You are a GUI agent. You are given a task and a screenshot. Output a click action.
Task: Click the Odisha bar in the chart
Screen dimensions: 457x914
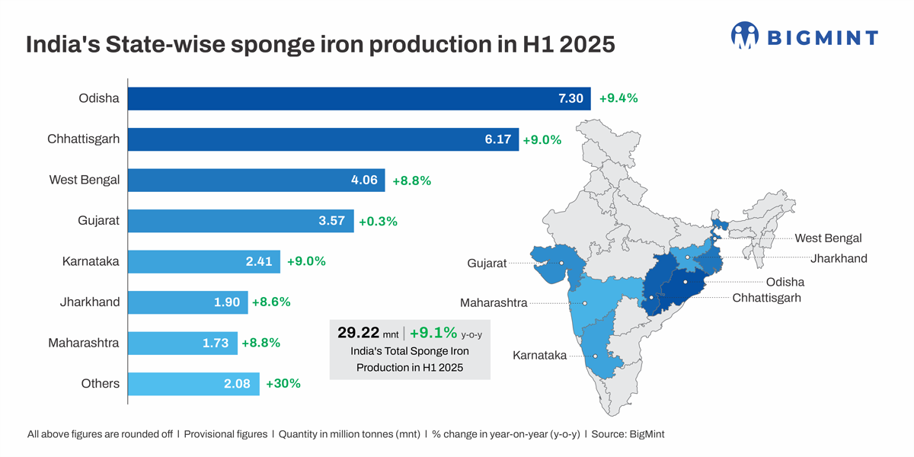click(x=358, y=98)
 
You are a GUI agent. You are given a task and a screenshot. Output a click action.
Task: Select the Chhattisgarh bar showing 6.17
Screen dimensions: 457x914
click(x=323, y=139)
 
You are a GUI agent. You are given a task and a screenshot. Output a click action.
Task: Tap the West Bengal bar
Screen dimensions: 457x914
click(x=256, y=181)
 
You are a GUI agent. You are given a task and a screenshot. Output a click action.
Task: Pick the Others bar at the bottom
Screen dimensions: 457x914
click(x=193, y=384)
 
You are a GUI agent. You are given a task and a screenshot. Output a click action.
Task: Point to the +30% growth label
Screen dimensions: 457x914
click(x=283, y=384)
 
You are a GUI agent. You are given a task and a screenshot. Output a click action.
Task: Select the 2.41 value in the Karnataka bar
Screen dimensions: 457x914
click(x=259, y=261)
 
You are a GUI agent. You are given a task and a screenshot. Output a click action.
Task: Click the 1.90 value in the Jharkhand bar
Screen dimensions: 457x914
click(x=227, y=302)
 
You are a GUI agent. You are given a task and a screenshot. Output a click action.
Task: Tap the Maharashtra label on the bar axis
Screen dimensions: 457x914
click(x=84, y=343)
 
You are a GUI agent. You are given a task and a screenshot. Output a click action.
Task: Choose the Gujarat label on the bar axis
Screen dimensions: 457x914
click(x=98, y=222)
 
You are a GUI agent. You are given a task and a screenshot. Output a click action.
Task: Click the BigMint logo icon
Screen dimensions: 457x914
click(x=745, y=35)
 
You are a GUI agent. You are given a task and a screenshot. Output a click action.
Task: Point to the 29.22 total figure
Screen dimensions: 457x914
click(x=358, y=333)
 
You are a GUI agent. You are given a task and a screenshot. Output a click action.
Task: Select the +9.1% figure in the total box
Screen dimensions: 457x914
click(x=433, y=333)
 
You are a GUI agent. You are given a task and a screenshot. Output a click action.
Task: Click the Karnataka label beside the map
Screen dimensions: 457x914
click(x=539, y=356)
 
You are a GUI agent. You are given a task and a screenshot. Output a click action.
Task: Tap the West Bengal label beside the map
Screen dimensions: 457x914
click(x=828, y=238)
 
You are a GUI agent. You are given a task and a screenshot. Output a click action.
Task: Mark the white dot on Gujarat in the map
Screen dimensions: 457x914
click(x=561, y=264)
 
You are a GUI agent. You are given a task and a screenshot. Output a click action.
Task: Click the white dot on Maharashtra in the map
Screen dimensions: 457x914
click(x=585, y=303)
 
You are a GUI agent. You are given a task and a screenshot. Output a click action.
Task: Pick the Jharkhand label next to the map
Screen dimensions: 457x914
click(x=839, y=259)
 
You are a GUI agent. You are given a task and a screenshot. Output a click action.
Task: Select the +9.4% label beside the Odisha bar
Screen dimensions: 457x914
click(x=618, y=98)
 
